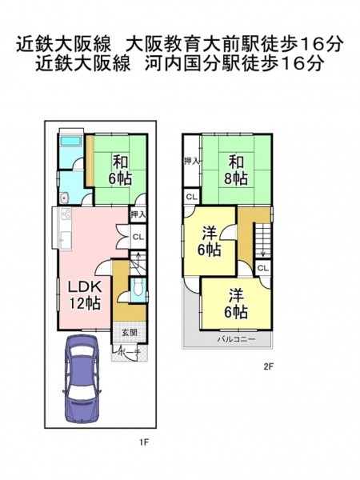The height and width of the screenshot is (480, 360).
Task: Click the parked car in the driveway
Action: coord(82,378)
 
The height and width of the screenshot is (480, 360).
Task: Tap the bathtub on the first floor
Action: coord(70,142)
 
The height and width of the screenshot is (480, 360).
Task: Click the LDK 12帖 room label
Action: coord(85,295)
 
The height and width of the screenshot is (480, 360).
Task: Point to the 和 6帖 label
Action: coord(120,170)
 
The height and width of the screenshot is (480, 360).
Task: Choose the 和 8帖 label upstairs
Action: coord(236,170)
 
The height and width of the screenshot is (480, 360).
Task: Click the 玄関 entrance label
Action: coord(129,333)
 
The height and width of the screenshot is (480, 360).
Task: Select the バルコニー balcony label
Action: coord(236,339)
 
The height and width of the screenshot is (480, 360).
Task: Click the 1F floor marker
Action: coord(144,442)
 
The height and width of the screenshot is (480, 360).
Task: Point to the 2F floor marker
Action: coord(268,366)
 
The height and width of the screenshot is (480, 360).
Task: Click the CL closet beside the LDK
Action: coord(138,237)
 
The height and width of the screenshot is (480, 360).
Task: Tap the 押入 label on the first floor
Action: coord(138,214)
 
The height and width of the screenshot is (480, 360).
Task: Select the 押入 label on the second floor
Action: coord(192,161)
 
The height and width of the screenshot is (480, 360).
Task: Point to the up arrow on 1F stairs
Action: coord(138,259)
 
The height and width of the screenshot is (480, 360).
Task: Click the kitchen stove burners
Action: coord(66,214)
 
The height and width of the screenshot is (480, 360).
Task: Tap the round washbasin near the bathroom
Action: coord(64,198)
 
